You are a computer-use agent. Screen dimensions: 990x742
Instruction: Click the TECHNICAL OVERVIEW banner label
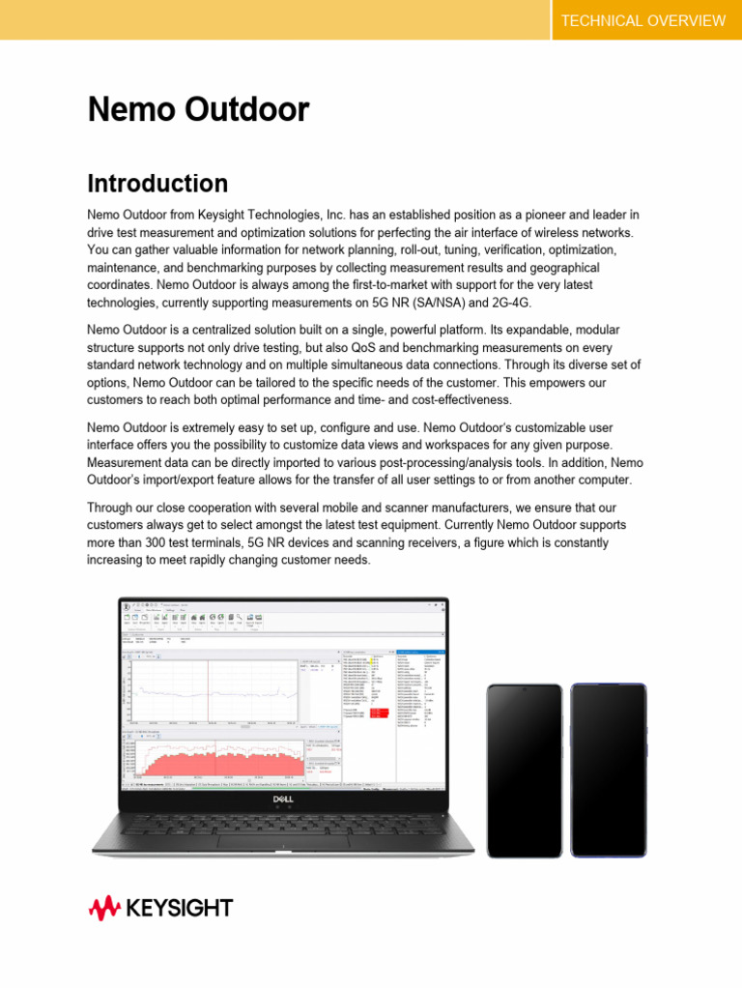(642, 20)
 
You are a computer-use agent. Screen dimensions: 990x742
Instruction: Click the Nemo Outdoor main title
(198, 110)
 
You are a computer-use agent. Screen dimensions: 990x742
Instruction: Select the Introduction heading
(157, 184)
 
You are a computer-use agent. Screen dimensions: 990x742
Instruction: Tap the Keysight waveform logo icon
(104, 908)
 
